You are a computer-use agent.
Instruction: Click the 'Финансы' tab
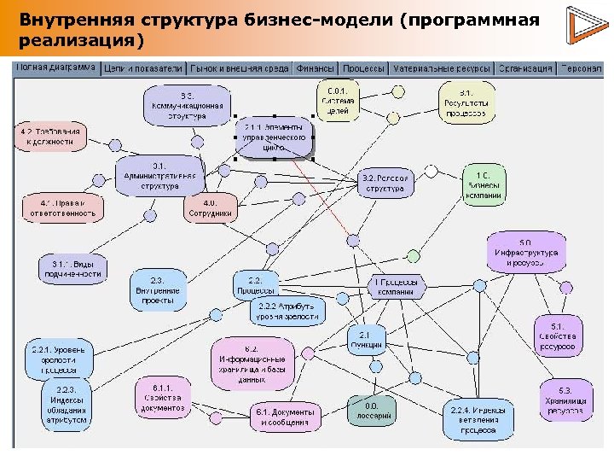coord(315,68)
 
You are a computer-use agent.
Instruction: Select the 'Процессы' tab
coord(363,68)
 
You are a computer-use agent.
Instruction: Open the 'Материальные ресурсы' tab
coord(442,68)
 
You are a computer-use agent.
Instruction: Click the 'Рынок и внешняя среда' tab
coord(240,68)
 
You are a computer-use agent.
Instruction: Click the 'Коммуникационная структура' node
coord(187,104)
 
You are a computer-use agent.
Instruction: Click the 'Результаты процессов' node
coord(466,102)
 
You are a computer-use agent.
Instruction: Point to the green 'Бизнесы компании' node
coord(483,184)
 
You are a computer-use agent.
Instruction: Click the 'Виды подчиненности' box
coord(72,269)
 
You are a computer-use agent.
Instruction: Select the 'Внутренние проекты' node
coord(158,290)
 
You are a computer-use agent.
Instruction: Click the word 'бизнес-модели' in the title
coord(256,19)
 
